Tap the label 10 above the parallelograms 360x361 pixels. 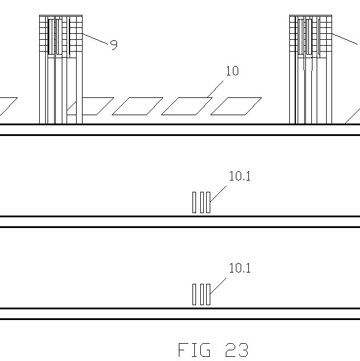(232, 71)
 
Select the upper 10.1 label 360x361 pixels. (240, 176)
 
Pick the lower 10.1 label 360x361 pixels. (240, 268)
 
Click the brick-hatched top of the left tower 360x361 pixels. (61, 36)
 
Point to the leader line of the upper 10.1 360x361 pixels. (218, 193)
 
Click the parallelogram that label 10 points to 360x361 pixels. (187, 106)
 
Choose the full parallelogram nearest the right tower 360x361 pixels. (236, 106)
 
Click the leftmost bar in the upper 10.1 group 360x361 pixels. (194, 202)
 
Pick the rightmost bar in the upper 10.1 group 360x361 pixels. (207, 202)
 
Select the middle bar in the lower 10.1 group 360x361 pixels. (201, 294)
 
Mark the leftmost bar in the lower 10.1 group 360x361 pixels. (194, 294)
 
